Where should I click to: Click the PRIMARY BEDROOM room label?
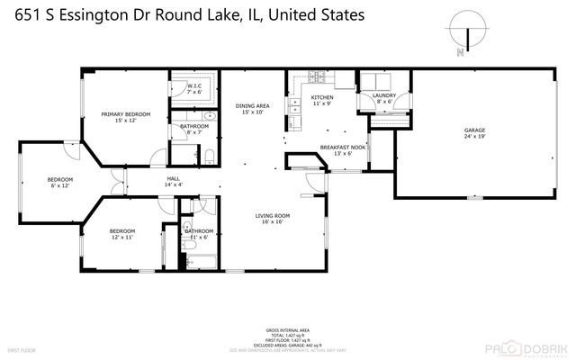coord(125,114)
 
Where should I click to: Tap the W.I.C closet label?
coord(193,86)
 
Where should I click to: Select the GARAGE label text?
coord(474,130)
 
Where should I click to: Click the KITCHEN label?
coord(322,97)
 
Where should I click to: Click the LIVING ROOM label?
coord(271,215)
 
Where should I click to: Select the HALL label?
coord(173,179)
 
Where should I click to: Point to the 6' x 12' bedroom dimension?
coord(60,186)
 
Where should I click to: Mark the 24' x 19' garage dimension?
coord(474,137)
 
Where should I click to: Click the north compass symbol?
coord(466,34)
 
